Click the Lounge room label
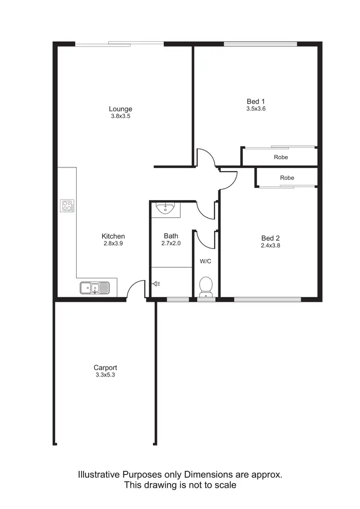pyautogui.click(x=120, y=108)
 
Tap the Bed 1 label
pyautogui.click(x=256, y=101)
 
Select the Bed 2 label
pyautogui.click(x=270, y=238)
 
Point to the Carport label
pyautogui.click(x=105, y=367)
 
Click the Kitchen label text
pyautogui.click(x=113, y=236)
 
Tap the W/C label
pyautogui.click(x=205, y=261)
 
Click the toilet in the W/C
pyautogui.click(x=205, y=286)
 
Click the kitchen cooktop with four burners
pyautogui.click(x=68, y=206)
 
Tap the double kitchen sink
pyautogui.click(x=95, y=288)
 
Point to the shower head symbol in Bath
pyautogui.click(x=156, y=284)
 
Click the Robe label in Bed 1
pyautogui.click(x=281, y=157)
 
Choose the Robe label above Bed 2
pyautogui.click(x=287, y=178)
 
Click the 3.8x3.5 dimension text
pyautogui.click(x=120, y=116)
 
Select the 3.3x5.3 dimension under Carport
pyautogui.click(x=105, y=375)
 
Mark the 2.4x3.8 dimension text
pyautogui.click(x=270, y=245)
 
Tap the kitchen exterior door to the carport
pyautogui.click(x=137, y=290)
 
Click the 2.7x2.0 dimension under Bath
pyautogui.click(x=171, y=243)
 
